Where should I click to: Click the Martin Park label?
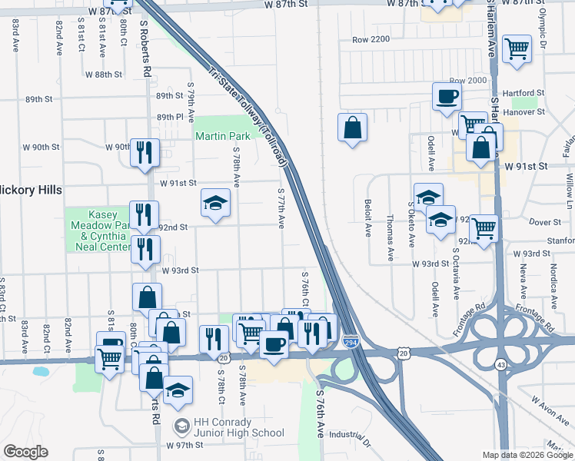point(218,136)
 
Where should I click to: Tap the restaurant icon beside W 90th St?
point(144,152)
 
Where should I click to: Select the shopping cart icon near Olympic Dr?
point(517,48)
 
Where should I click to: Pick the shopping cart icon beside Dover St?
point(484,228)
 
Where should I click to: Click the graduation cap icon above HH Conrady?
point(178,390)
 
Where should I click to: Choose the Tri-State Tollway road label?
point(248,115)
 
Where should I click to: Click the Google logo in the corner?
point(25,452)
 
